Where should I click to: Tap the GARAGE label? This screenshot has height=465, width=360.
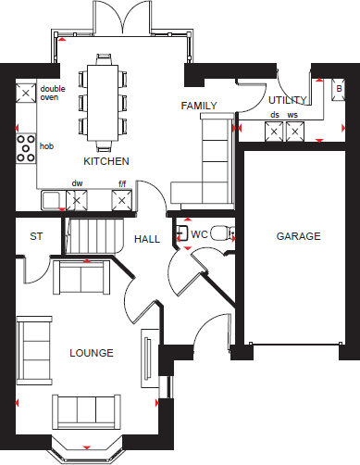tap(298, 236)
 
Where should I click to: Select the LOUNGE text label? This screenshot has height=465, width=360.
tap(92, 353)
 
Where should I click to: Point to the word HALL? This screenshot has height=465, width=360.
tap(146, 238)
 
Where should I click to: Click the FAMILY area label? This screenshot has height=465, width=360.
tap(199, 106)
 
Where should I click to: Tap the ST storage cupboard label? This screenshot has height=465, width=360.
tap(36, 236)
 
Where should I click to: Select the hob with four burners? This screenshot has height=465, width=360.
tap(25, 146)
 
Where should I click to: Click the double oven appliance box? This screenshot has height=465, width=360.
tap(25, 92)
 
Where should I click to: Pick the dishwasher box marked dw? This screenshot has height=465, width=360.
tap(78, 199)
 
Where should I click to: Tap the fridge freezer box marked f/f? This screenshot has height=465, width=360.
tap(121, 199)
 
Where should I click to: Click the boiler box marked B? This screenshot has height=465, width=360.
tap(338, 91)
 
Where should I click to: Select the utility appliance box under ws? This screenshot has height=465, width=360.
tap(294, 132)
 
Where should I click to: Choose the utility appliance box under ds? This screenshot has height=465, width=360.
tap(274, 132)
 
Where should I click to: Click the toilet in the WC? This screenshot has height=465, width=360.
tap(219, 234)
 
